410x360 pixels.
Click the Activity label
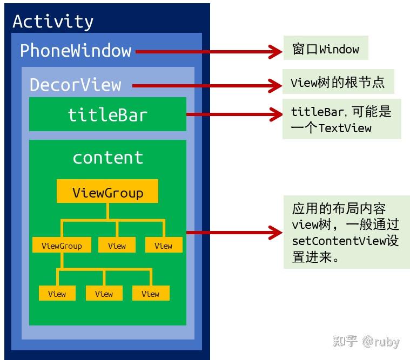pos(53,22)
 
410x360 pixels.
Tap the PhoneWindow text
pos(76,51)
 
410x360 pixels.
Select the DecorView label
pos(75,85)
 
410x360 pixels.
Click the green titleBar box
pos(107,114)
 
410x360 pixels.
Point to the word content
pos(107,158)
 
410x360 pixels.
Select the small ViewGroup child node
pos(62,246)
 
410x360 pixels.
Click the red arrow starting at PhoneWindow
pos(205,52)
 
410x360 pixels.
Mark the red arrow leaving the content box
pos(232,233)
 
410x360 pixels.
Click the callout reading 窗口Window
pos(325,49)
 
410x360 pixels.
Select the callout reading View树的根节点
pos(338,82)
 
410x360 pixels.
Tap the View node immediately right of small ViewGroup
pos(117,246)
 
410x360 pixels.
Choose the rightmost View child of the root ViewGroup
pos(163,246)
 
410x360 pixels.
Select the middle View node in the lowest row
pos(104,294)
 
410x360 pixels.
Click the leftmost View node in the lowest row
pos(57,294)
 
